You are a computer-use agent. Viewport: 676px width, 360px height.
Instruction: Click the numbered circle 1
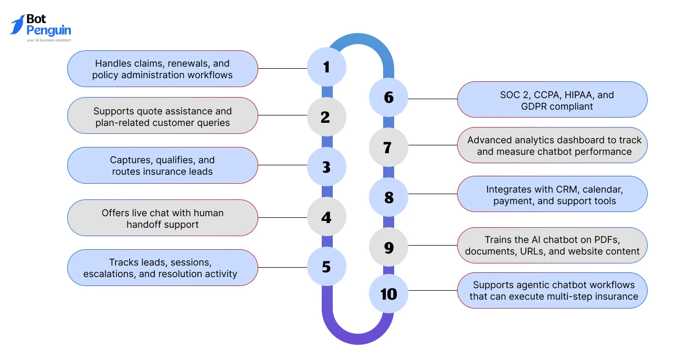click(x=326, y=67)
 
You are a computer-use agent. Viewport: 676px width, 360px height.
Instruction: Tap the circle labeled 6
click(x=389, y=98)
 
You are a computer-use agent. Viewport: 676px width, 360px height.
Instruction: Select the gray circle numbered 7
click(x=389, y=147)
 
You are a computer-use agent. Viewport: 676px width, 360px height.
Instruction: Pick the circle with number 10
click(x=389, y=293)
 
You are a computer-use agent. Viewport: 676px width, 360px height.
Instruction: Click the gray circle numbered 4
click(x=326, y=217)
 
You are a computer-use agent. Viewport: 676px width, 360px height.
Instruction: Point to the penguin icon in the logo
click(x=18, y=25)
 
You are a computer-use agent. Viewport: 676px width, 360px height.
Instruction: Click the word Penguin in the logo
click(x=49, y=31)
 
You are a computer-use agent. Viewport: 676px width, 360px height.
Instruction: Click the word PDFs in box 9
click(x=607, y=240)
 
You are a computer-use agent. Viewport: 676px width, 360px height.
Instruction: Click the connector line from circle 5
click(x=282, y=267)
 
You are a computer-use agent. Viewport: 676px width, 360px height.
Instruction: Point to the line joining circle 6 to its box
click(x=433, y=99)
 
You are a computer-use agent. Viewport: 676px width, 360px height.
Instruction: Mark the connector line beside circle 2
click(x=282, y=115)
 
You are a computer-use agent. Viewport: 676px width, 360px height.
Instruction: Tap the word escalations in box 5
click(x=110, y=274)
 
